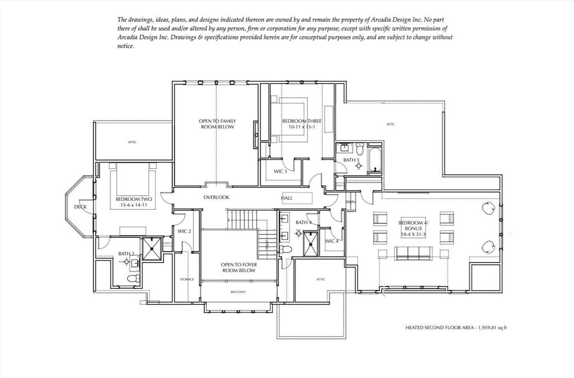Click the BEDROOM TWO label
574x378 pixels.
pyautogui.click(x=134, y=199)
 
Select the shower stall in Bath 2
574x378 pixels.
pyautogui.click(x=151, y=249)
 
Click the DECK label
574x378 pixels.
pyautogui.click(x=80, y=206)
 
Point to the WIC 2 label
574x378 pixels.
pyautogui.click(x=184, y=231)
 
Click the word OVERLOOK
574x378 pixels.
pyautogui.click(x=216, y=197)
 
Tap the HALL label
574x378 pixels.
pyautogui.click(x=286, y=198)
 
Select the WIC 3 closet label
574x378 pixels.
pyautogui.click(x=280, y=171)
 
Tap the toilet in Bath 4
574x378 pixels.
pyautogui.click(x=285, y=248)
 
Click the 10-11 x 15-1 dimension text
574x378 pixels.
pyautogui.click(x=298, y=127)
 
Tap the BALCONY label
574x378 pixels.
pyautogui.click(x=238, y=292)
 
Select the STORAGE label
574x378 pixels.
pyautogui.click(x=187, y=279)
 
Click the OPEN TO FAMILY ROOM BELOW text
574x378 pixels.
pyautogui.click(x=216, y=124)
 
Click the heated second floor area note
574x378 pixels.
pyautogui.click(x=455, y=327)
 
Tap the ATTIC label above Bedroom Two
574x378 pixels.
pyautogui.click(x=132, y=142)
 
